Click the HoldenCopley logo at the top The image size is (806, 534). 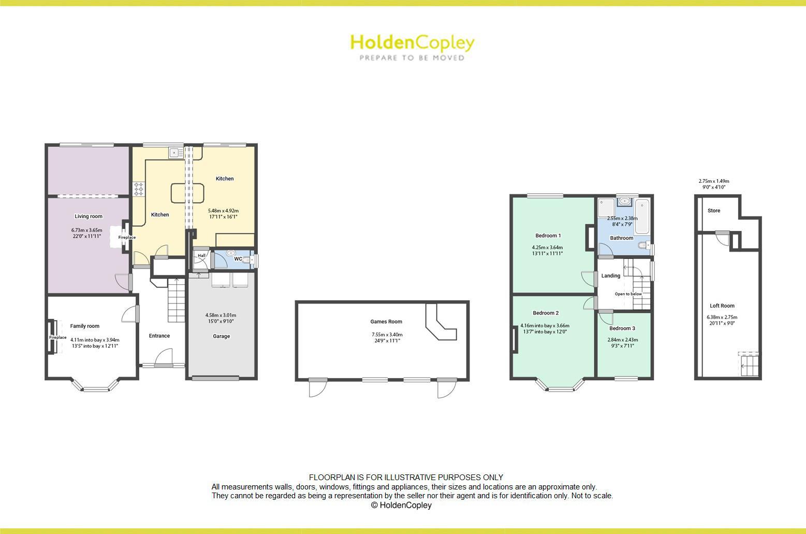[412, 47]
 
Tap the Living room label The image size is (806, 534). [89, 217]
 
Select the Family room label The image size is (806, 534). [85, 326]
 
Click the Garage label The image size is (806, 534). [221, 337]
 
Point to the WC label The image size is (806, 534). [238, 259]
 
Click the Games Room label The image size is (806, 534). [386, 322]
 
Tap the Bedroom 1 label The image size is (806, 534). [548, 236]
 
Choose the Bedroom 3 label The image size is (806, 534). [622, 328]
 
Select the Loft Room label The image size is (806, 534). [722, 306]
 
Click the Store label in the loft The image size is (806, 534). [714, 211]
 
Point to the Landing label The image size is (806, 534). [611, 276]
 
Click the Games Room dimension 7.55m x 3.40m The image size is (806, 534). [387, 335]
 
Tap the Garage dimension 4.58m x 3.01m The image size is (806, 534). [221, 315]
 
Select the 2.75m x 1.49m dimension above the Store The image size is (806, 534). [714, 181]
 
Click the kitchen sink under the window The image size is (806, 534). [174, 152]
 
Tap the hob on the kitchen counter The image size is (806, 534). [139, 189]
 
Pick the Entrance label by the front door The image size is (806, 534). [159, 336]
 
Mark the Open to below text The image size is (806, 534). [628, 294]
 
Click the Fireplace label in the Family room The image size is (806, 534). [58, 338]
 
